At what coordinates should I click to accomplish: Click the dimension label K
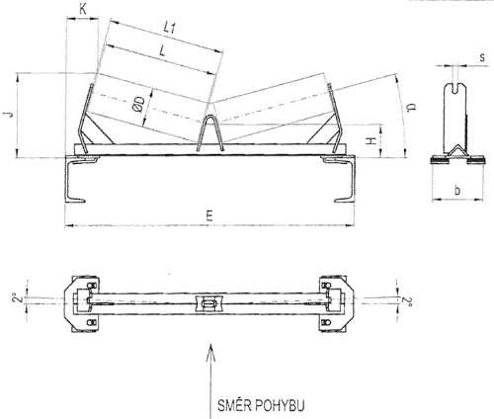(83, 9)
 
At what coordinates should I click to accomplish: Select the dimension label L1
(170, 28)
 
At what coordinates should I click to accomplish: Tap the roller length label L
(162, 50)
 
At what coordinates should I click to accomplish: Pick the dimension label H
(371, 141)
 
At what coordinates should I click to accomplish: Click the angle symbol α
(410, 108)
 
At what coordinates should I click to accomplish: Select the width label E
(209, 216)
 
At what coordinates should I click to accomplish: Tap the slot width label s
(482, 57)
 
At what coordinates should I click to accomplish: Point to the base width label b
(457, 190)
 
